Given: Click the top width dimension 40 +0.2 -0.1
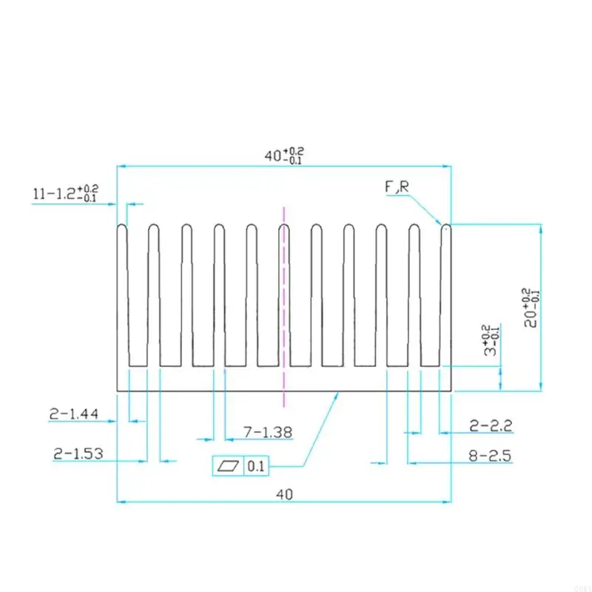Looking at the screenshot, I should (283, 156).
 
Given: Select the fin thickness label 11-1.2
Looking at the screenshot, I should (65, 194).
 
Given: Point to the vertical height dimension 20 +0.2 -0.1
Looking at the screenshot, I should (530, 306).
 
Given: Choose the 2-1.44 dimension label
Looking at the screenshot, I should (75, 415).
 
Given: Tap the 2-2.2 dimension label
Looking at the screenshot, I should (491, 425).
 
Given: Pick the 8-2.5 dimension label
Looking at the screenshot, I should (491, 456).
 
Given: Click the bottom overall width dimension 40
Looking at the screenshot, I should (283, 494).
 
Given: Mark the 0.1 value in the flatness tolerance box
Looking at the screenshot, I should (256, 466).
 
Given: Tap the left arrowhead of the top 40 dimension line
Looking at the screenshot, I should (123, 166).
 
